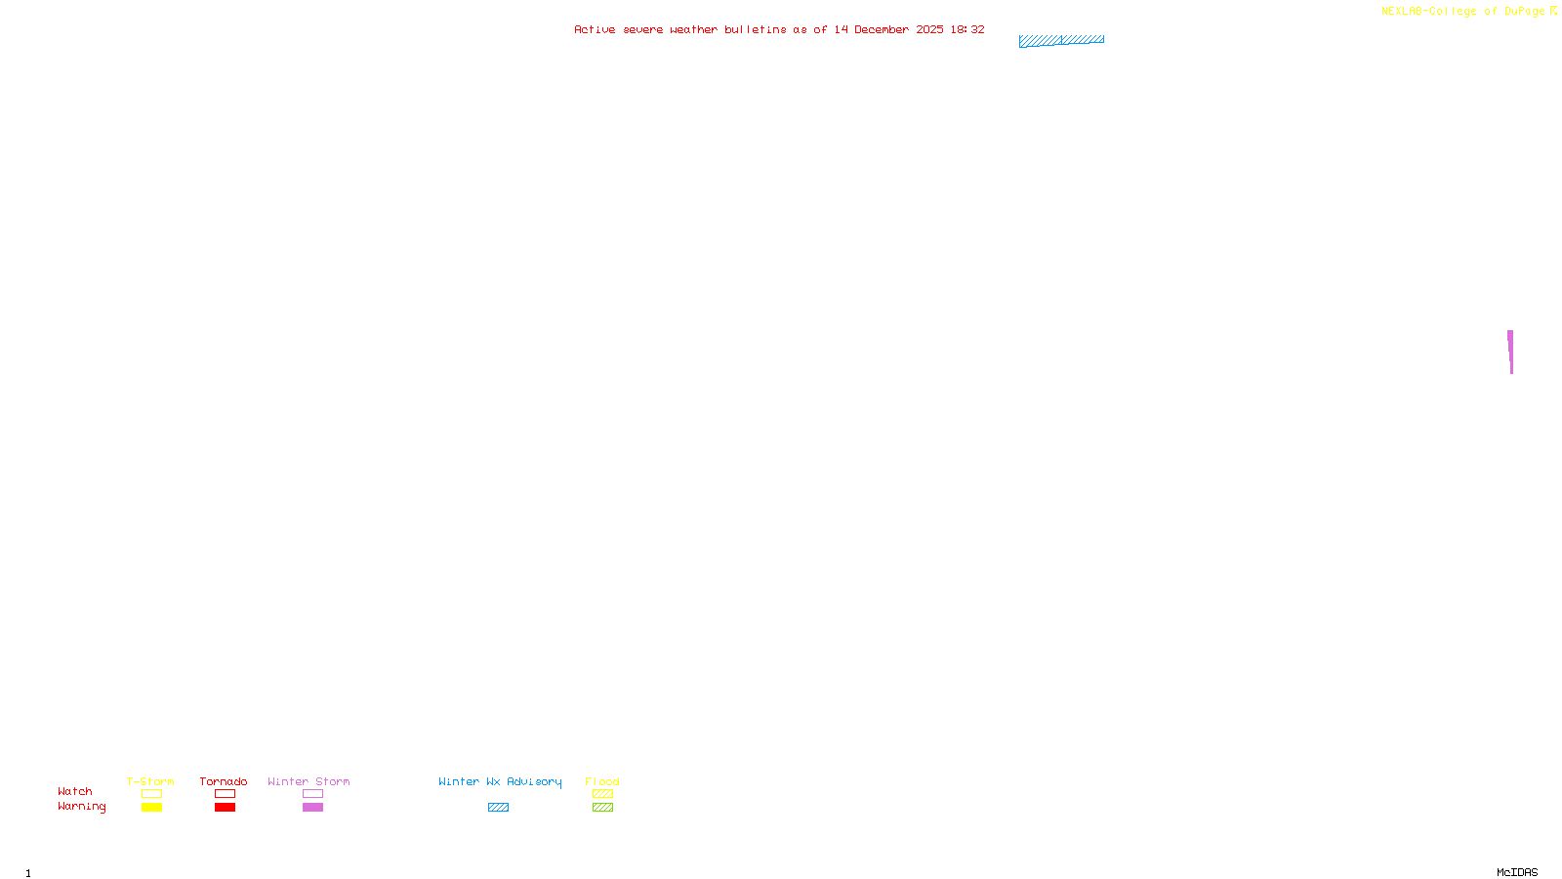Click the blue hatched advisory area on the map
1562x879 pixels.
(x=1061, y=40)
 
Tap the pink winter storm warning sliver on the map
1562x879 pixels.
(x=1510, y=349)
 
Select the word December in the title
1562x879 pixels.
(x=882, y=29)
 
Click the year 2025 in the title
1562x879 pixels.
(x=929, y=29)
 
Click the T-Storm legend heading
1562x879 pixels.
(x=150, y=781)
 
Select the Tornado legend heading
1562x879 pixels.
(x=224, y=781)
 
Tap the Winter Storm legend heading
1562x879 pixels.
(x=308, y=781)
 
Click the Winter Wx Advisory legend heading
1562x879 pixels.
(x=500, y=781)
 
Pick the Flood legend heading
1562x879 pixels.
(x=602, y=781)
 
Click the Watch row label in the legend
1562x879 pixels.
(x=75, y=791)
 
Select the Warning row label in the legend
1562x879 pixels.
(x=82, y=807)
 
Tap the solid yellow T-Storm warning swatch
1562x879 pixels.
(x=151, y=808)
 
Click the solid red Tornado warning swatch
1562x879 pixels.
(x=225, y=808)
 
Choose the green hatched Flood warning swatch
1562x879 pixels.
(x=602, y=808)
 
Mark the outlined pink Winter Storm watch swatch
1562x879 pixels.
(x=312, y=794)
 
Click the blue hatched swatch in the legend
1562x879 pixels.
(x=498, y=808)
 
